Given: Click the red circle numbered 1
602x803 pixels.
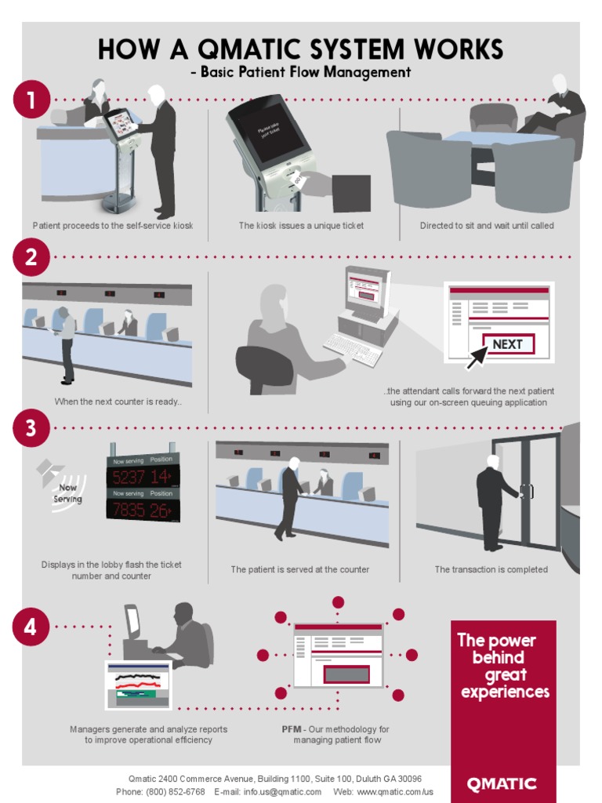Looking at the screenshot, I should (31, 100).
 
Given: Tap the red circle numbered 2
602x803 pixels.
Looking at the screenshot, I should (31, 256).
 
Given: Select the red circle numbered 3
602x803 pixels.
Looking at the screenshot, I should (31, 428).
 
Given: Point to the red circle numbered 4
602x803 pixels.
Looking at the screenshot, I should (31, 627).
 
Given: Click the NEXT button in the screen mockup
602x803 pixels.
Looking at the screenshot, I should (508, 343).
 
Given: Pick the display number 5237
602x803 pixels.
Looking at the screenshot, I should (129, 477).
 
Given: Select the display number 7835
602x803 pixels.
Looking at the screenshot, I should (129, 511).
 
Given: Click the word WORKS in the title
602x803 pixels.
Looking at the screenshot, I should (454, 50).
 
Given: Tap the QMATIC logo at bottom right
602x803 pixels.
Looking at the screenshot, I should (502, 783).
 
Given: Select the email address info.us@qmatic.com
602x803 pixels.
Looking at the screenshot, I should (282, 792).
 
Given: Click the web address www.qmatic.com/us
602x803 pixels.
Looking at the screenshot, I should (394, 792).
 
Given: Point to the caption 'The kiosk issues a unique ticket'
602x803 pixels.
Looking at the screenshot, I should (301, 226).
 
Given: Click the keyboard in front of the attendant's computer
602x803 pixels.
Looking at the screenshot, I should (352, 348).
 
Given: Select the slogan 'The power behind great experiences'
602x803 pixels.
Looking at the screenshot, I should (503, 666).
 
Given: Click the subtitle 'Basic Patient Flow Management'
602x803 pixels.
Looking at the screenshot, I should (306, 72).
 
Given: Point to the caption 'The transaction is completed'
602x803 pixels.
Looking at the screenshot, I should (491, 569).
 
